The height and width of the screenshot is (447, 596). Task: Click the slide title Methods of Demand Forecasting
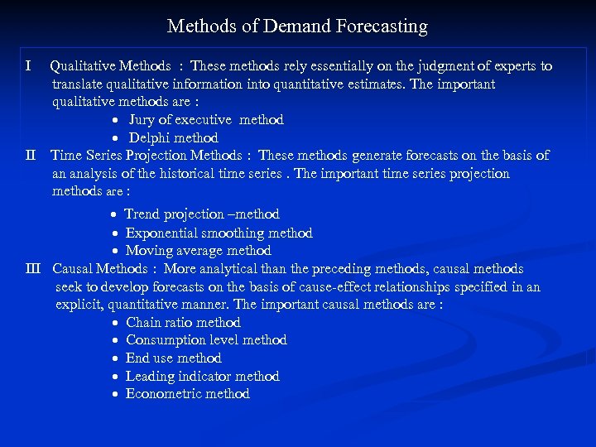pyautogui.click(x=297, y=26)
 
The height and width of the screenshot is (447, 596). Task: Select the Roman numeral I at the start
pyautogui.click(x=29, y=65)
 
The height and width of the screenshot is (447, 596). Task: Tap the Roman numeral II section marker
pyautogui.click(x=31, y=156)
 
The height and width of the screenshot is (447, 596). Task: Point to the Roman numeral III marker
pyautogui.click(x=33, y=268)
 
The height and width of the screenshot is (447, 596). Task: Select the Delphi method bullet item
pyautogui.click(x=173, y=138)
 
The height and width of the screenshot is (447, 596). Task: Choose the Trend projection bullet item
pyautogui.click(x=201, y=214)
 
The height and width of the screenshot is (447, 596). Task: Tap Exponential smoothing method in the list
pyautogui.click(x=219, y=233)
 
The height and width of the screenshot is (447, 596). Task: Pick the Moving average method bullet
pyautogui.click(x=198, y=250)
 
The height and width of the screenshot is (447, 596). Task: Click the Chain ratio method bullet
pyautogui.click(x=183, y=322)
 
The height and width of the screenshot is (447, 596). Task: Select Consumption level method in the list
pyautogui.click(x=206, y=340)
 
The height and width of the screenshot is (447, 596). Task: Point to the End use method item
pyautogui.click(x=173, y=358)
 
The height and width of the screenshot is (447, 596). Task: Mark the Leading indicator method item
pyautogui.click(x=202, y=376)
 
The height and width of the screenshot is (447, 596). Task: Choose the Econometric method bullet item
pyautogui.click(x=187, y=394)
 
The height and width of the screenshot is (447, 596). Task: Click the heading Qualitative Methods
pyautogui.click(x=111, y=66)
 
